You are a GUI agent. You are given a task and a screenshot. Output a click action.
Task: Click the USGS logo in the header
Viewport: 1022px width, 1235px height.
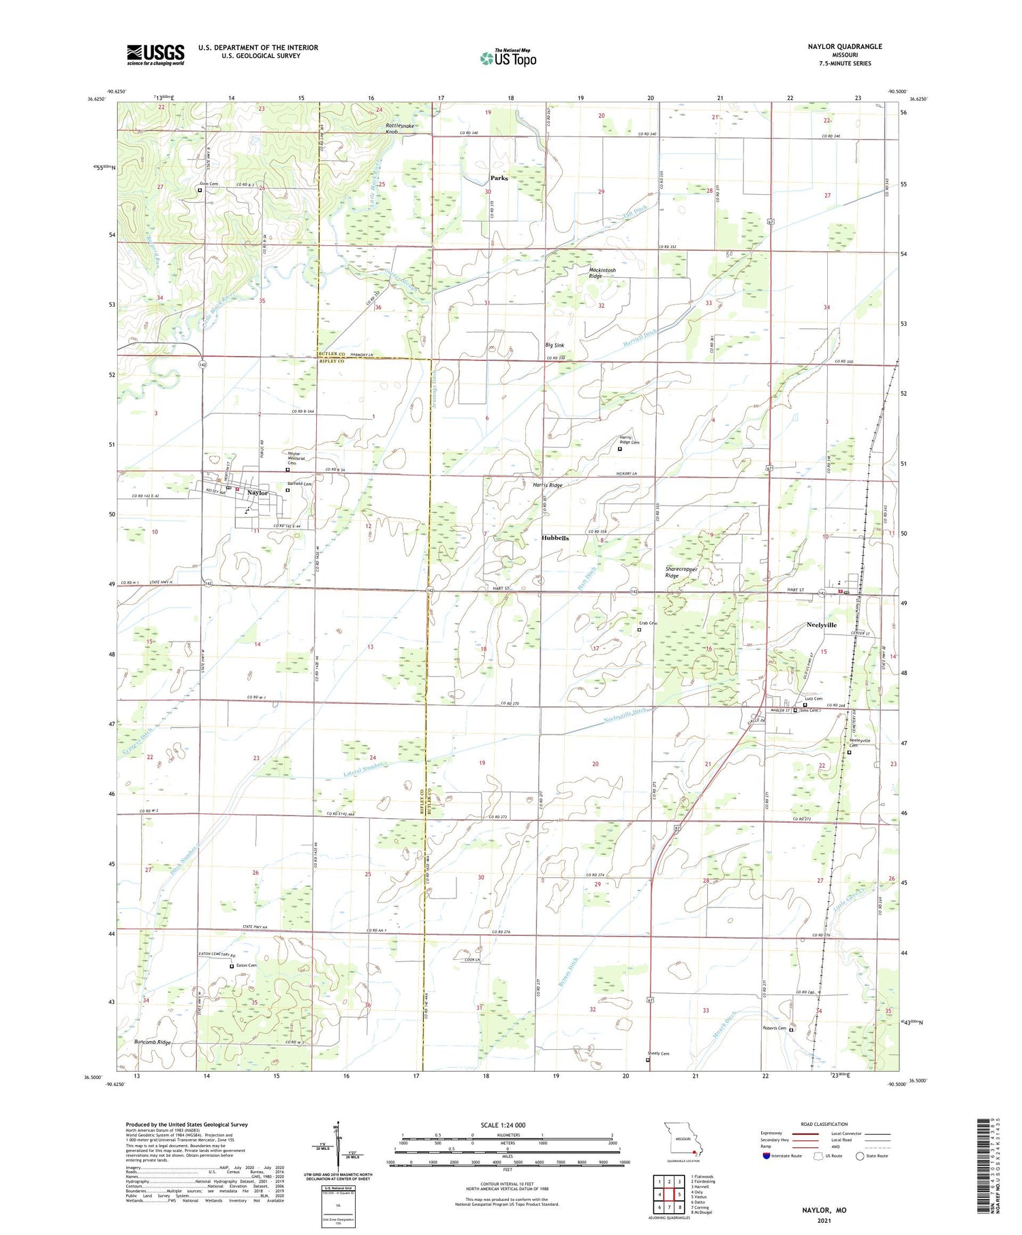tap(155, 54)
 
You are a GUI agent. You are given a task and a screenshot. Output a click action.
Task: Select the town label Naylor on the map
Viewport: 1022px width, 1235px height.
tap(258, 493)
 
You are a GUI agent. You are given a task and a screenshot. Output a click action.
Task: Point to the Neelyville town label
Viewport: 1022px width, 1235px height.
tap(821, 625)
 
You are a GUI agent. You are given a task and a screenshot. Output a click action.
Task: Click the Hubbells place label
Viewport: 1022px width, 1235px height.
tap(555, 537)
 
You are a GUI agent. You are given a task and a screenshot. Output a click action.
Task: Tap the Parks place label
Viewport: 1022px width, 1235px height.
tap(499, 178)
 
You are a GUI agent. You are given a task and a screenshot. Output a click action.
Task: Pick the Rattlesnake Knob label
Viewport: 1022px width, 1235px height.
tap(401, 129)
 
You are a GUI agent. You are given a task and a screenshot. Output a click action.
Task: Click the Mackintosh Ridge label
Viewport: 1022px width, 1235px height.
tap(602, 273)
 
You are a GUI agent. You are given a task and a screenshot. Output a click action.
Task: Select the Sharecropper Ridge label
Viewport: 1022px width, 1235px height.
tap(681, 572)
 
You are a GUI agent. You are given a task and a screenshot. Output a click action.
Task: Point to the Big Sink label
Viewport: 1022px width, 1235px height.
tap(555, 345)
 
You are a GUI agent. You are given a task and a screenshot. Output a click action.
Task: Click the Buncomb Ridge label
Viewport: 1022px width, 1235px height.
tap(152, 1042)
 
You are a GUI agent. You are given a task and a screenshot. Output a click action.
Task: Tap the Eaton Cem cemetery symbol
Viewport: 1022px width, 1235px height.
tap(232, 966)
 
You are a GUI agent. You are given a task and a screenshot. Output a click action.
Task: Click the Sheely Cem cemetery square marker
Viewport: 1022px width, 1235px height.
tap(647, 1060)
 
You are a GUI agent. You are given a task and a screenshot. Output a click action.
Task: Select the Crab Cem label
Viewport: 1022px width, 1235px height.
tap(647, 623)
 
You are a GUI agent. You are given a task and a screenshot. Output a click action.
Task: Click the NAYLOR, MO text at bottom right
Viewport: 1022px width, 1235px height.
tap(824, 1210)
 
